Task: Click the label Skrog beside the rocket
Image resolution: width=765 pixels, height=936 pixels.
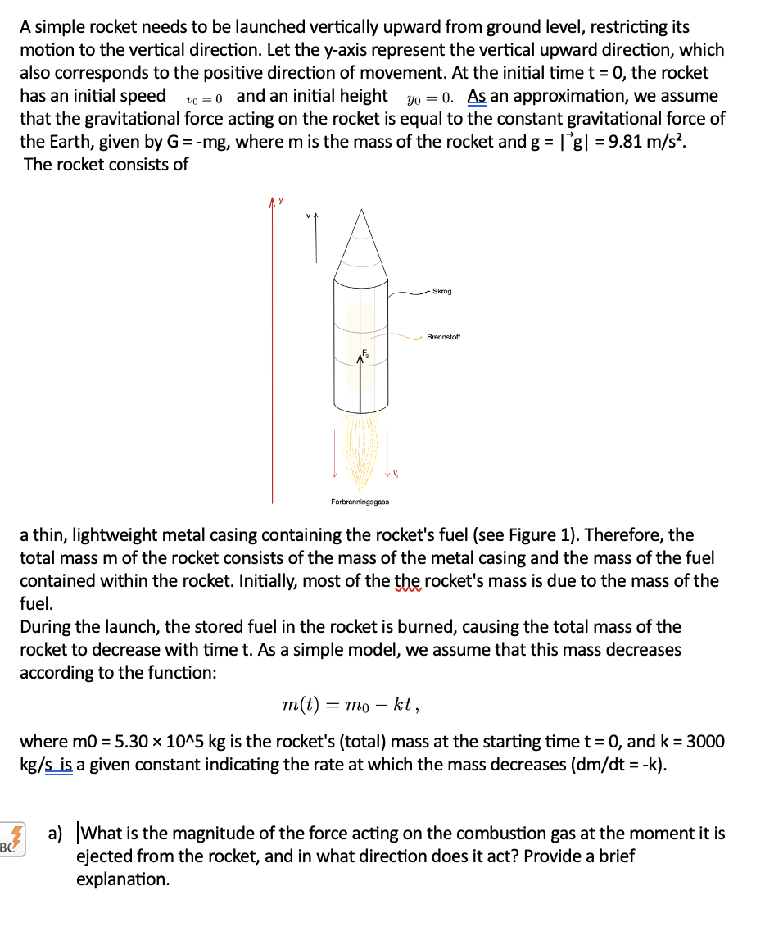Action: coord(441,292)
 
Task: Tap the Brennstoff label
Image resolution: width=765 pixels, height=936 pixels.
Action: coord(443,337)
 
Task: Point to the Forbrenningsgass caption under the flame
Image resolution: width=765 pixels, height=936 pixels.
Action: coord(360,502)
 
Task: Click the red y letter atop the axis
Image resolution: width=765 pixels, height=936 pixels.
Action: coord(281,199)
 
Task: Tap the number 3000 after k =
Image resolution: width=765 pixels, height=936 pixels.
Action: coord(705,742)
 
